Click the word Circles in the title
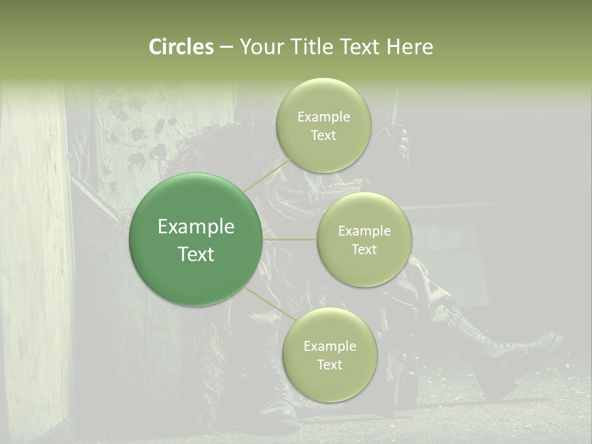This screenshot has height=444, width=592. point(181,47)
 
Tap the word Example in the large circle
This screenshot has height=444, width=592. point(196,227)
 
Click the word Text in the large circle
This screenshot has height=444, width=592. point(196,254)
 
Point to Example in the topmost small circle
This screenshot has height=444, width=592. point(323,117)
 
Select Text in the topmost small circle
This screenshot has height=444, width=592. point(323,135)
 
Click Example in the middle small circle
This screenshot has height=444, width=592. point(364,231)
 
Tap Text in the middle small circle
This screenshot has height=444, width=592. point(364,249)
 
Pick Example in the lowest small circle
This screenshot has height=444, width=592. point(329,347)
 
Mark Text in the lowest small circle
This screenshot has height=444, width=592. point(329,364)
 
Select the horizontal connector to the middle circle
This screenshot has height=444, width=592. point(290,239)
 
